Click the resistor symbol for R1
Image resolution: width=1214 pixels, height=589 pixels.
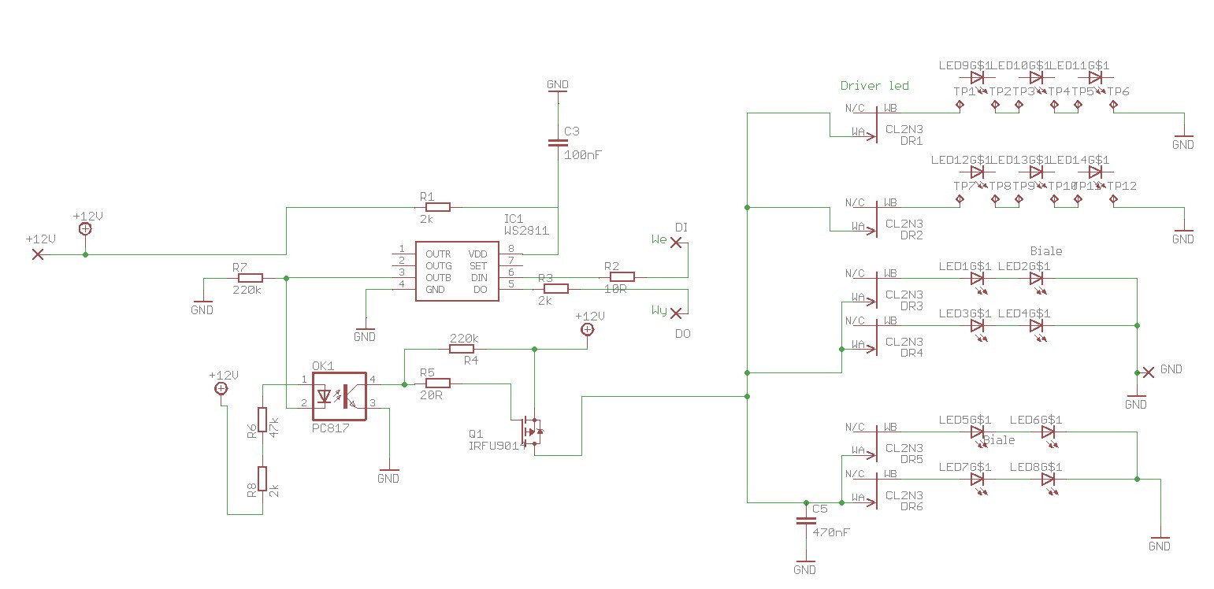[x=437, y=207]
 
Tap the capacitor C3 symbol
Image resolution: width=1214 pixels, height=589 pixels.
[x=557, y=143]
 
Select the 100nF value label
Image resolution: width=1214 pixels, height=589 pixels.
[x=583, y=155]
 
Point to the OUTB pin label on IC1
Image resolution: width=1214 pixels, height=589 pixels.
[x=438, y=277]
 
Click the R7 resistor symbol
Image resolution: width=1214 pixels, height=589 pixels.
[x=250, y=278]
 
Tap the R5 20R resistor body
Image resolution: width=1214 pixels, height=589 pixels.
[x=437, y=383]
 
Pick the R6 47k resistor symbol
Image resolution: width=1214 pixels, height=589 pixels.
[x=262, y=420]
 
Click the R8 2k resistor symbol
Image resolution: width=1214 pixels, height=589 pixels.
[x=262, y=479]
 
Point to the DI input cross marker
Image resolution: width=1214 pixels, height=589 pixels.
[x=675, y=243]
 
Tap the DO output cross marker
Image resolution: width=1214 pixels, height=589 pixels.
[x=675, y=313]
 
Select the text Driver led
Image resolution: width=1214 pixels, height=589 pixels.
[x=874, y=86]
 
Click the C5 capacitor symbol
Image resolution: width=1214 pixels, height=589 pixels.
[x=805, y=520]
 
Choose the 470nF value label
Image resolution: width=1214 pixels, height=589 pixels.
[x=831, y=533]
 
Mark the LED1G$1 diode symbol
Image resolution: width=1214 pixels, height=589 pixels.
[x=978, y=278]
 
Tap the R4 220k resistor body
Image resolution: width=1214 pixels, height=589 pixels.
[x=462, y=348]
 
